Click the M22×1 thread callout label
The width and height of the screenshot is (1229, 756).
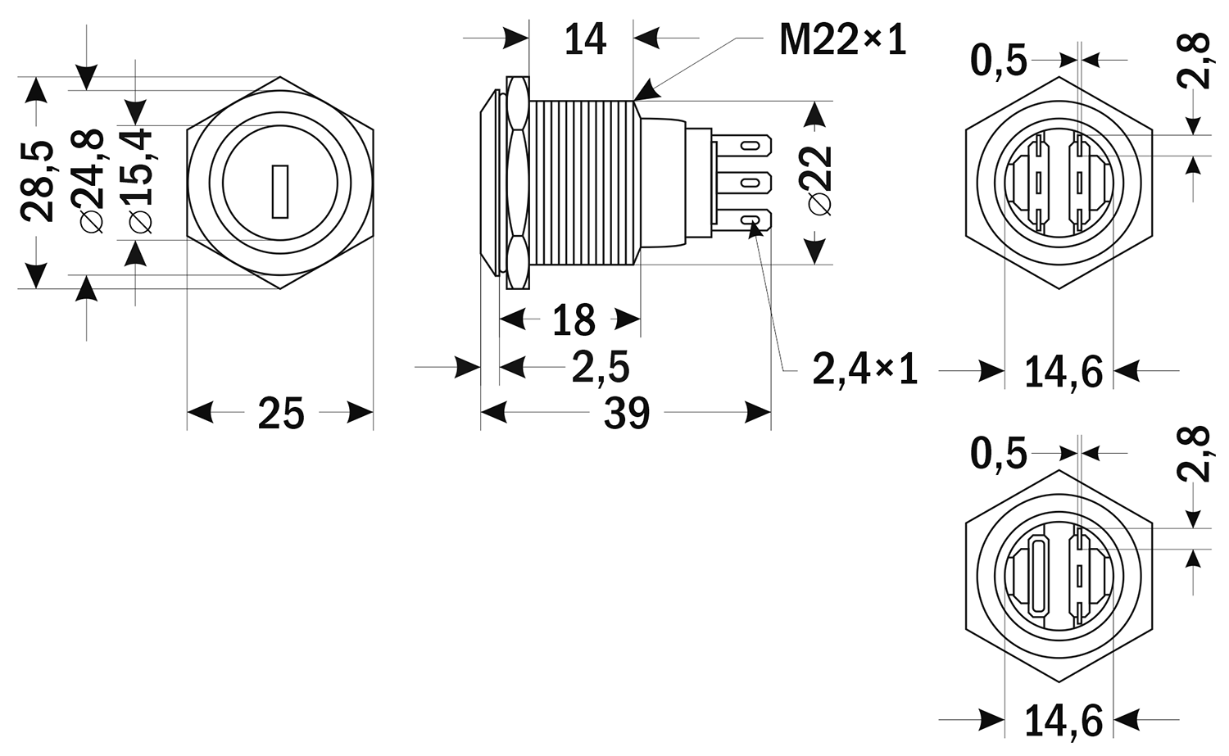coord(842,39)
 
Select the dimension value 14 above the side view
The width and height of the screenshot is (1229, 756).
coord(585,39)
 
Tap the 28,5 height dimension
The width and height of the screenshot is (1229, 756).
coord(38,182)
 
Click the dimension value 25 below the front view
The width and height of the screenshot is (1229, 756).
coord(281,414)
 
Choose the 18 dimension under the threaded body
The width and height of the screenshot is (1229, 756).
coord(574,319)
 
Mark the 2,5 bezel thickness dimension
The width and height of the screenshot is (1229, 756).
coord(601,367)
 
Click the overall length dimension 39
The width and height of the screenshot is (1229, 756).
coord(627,414)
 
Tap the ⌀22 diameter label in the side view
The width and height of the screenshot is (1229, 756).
coord(819,180)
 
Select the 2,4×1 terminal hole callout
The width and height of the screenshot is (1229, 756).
coord(864,369)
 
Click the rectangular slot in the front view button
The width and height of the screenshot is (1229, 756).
coord(280,192)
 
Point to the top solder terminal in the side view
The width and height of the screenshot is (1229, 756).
coord(741,146)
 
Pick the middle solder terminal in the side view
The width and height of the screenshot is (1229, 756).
coord(741,182)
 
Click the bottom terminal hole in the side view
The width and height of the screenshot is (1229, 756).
coord(751,220)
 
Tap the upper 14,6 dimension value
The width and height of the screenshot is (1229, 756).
coord(1063,372)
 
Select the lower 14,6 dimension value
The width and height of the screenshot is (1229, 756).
coord(1063,721)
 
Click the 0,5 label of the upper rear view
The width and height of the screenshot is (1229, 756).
coord(999,61)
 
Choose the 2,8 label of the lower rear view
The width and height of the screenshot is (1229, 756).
coord(1194,453)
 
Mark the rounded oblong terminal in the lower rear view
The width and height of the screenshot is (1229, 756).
coord(1036,575)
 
